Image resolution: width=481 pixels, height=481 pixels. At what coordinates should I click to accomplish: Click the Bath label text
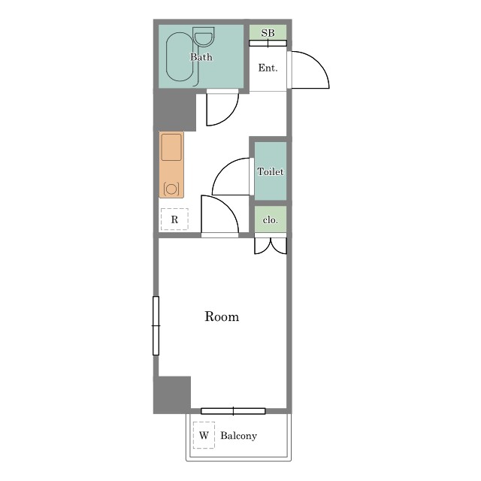(201, 57)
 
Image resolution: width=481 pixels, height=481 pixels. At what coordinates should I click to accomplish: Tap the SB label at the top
(268, 33)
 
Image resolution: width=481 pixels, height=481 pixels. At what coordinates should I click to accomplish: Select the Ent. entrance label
(268, 68)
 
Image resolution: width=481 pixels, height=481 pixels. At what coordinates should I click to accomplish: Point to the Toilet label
(271, 171)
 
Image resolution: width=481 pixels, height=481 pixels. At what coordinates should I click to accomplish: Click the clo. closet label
(271, 220)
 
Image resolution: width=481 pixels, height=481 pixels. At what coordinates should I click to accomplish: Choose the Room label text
(222, 316)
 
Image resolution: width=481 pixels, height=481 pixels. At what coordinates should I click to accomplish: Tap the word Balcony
(239, 436)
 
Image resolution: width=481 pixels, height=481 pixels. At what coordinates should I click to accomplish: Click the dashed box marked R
(174, 219)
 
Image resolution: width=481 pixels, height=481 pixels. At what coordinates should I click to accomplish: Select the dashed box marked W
(204, 435)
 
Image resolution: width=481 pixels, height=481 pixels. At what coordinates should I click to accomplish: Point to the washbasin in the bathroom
(204, 37)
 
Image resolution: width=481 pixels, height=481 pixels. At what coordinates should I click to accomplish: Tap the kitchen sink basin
(171, 147)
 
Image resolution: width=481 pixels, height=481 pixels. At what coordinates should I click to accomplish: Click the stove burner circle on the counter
(171, 189)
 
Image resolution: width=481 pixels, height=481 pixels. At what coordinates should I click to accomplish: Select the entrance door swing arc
(319, 62)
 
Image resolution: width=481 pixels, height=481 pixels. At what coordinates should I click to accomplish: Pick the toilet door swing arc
(222, 169)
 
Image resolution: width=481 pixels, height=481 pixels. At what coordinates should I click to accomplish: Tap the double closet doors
(271, 246)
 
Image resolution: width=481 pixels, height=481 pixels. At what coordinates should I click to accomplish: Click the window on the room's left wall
(156, 325)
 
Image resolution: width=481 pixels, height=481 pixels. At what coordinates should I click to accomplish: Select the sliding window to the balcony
(233, 411)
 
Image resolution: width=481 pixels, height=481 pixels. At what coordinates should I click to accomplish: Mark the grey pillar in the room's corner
(172, 395)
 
